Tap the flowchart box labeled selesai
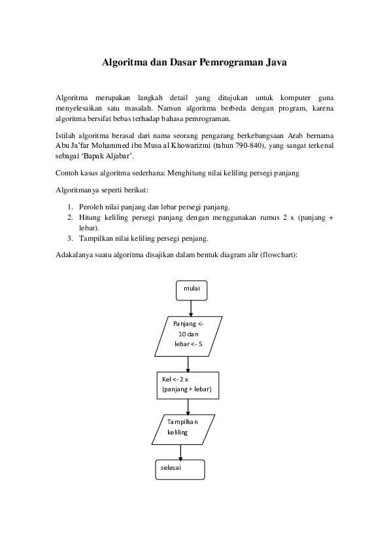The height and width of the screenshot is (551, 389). pos(180,469)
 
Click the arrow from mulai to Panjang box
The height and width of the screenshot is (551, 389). pos(191,308)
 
